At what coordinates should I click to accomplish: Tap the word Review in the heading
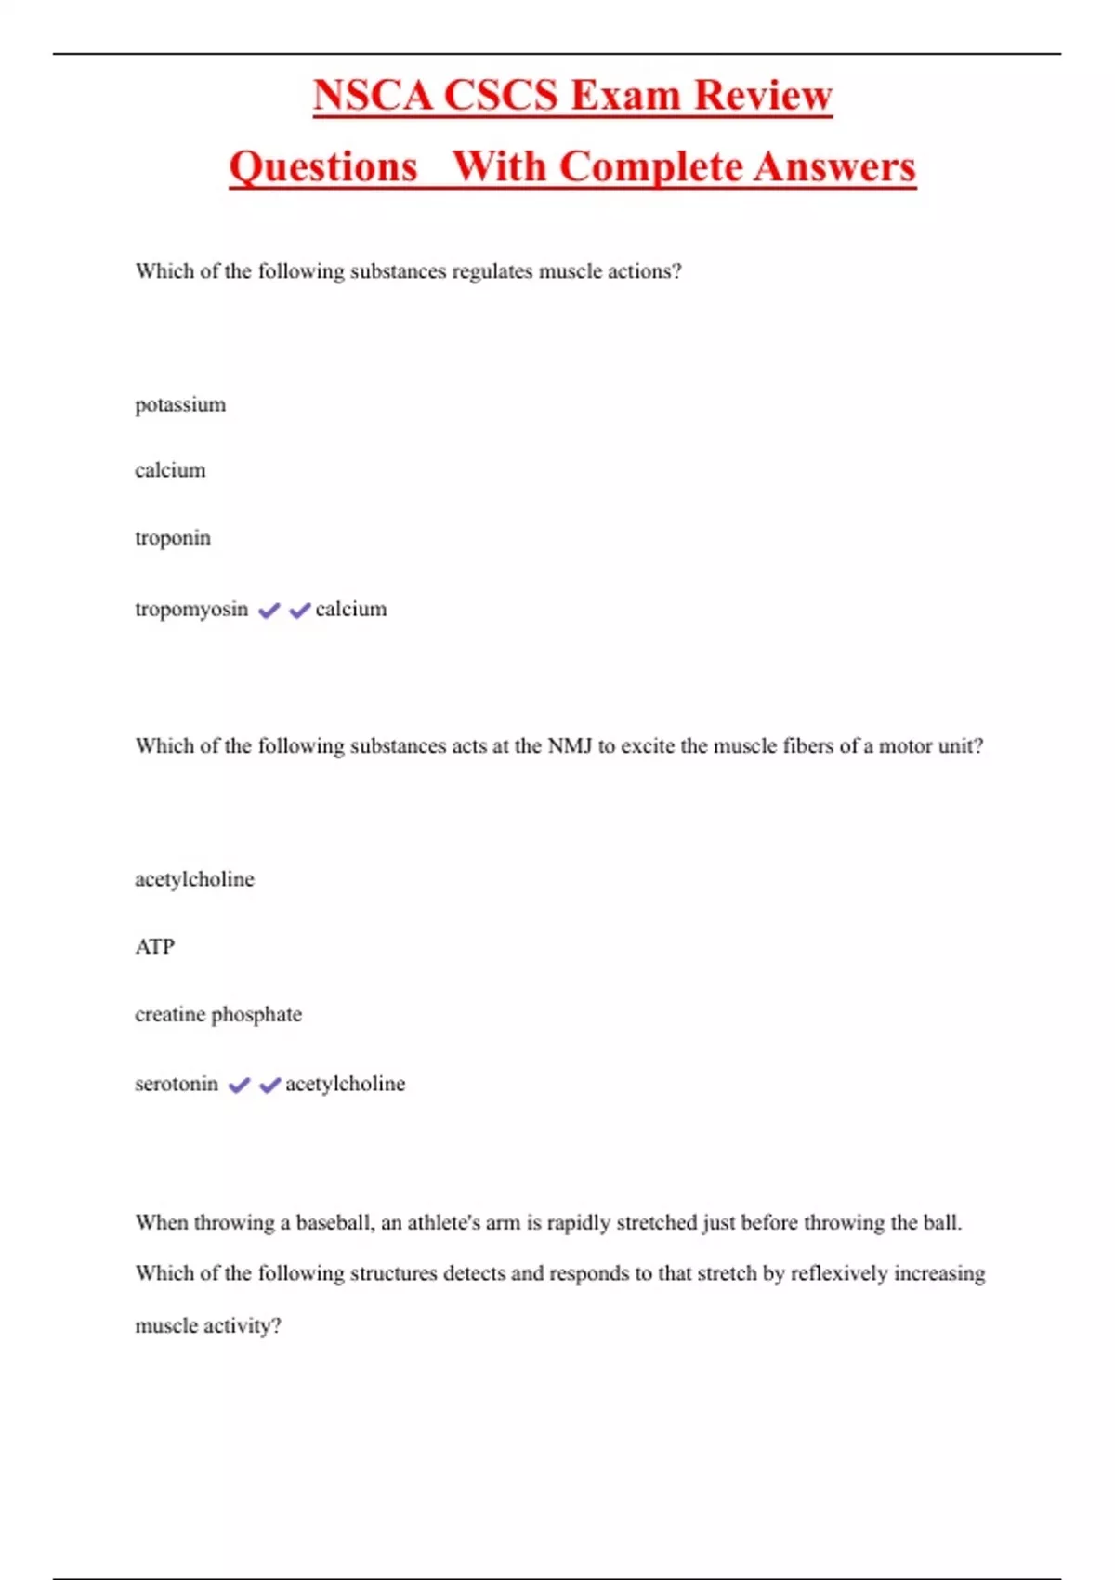tap(763, 95)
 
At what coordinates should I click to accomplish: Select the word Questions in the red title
tap(323, 166)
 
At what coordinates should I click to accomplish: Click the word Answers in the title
tap(834, 166)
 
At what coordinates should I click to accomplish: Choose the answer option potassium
tap(180, 405)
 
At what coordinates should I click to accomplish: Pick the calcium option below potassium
tap(170, 470)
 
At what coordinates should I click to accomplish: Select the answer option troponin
tap(173, 538)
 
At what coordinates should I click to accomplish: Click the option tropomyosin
tap(191, 610)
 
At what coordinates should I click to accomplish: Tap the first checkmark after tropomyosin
tap(269, 611)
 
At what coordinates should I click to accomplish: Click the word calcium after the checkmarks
tap(351, 610)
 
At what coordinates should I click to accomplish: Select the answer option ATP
tap(154, 947)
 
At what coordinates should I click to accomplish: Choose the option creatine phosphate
tap(218, 1014)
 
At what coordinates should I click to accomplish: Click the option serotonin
tap(177, 1085)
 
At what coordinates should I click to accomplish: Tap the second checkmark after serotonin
tap(269, 1085)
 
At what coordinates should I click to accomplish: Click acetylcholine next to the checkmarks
tap(345, 1085)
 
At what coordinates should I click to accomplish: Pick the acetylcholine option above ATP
tap(194, 879)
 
